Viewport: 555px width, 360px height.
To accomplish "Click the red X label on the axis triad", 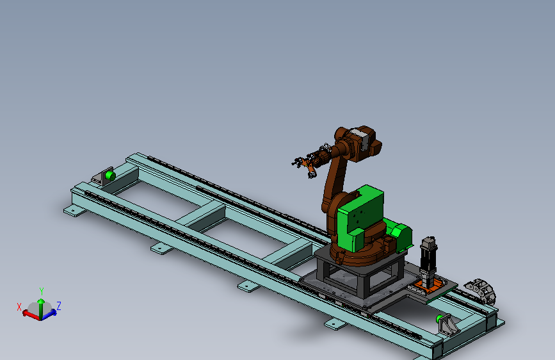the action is tap(19, 307).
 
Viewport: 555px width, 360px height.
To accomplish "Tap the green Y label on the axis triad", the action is tap(42, 291).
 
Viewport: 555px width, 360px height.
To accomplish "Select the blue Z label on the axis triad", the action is tap(59, 306).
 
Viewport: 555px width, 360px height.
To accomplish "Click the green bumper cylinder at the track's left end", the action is tap(110, 176).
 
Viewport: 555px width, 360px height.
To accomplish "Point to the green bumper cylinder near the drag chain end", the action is tap(439, 318).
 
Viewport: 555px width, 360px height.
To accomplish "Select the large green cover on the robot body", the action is tap(360, 218).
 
